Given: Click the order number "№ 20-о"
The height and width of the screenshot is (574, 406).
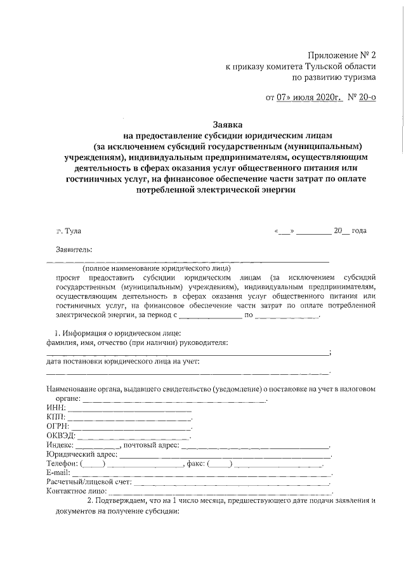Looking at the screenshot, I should pyautogui.click(x=361, y=98).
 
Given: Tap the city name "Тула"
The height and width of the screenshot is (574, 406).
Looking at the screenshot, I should pyautogui.click(x=73, y=232).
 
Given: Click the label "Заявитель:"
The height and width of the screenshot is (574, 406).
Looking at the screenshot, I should pyautogui.click(x=74, y=249).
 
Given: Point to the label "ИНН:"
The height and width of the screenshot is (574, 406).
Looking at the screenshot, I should pyautogui.click(x=56, y=407).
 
